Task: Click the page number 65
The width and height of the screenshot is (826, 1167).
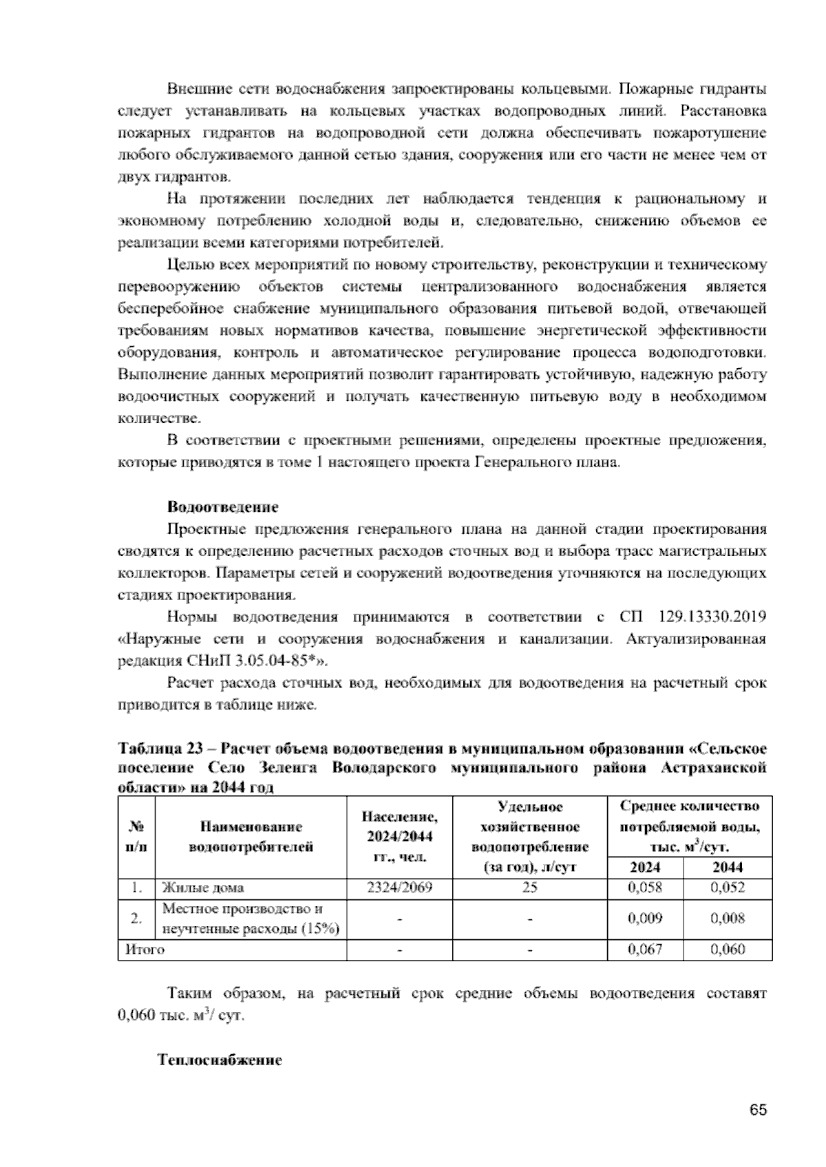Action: pos(758,1110)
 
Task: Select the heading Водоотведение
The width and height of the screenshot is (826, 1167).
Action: pos(223,507)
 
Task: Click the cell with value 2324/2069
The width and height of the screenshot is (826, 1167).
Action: pos(399,888)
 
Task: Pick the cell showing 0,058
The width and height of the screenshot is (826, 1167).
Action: pos(645,888)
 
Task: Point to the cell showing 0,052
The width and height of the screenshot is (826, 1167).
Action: pos(728,888)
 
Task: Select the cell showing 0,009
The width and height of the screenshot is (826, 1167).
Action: pos(645,919)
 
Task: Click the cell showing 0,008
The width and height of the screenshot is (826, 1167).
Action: pos(728,919)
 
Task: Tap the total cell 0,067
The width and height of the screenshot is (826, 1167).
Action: pos(645,950)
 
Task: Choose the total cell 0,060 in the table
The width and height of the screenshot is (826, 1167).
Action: pos(728,950)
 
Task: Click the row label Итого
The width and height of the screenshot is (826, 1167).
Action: pos(145,950)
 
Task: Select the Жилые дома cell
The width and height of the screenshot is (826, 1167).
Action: pos(203,888)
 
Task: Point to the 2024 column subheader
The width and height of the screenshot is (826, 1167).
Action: pos(645,867)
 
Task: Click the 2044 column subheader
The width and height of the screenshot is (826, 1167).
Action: pos(728,867)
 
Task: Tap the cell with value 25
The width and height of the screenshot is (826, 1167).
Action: pos(529,888)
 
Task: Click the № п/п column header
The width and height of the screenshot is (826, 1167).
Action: pos(137,836)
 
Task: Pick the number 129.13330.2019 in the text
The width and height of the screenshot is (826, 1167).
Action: pos(712,617)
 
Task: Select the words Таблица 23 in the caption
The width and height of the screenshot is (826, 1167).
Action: pos(153,749)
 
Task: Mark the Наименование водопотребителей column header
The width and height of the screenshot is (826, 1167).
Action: pos(251,836)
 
